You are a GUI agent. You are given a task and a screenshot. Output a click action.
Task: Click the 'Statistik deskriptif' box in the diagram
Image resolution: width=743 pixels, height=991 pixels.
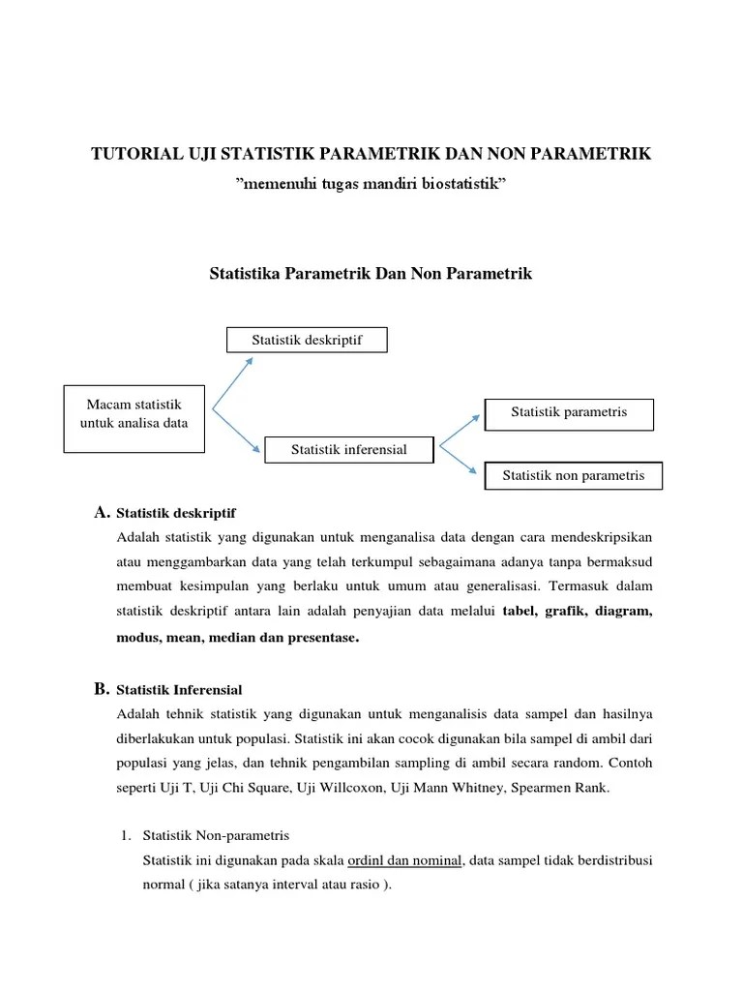[x=307, y=341]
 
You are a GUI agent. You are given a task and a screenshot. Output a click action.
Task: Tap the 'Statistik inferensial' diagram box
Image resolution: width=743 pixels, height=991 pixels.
[x=349, y=449]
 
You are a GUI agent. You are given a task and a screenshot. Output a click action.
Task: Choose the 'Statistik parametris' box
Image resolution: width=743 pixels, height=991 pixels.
[x=569, y=412]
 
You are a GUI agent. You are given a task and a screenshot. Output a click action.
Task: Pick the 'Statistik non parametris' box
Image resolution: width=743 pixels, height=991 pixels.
[x=573, y=475]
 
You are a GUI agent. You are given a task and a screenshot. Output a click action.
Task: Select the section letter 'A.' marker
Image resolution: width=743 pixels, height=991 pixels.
[x=102, y=511]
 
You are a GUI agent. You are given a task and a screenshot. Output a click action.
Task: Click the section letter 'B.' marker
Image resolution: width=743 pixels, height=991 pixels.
[x=102, y=689]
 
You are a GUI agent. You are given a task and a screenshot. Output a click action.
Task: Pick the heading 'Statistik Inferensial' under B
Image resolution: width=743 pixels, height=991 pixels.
[x=179, y=690]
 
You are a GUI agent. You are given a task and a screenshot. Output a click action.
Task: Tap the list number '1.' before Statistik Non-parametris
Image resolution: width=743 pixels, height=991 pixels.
[x=125, y=834]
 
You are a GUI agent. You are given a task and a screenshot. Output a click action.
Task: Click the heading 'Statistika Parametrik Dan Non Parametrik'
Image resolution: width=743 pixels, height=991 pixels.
[x=371, y=274]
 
